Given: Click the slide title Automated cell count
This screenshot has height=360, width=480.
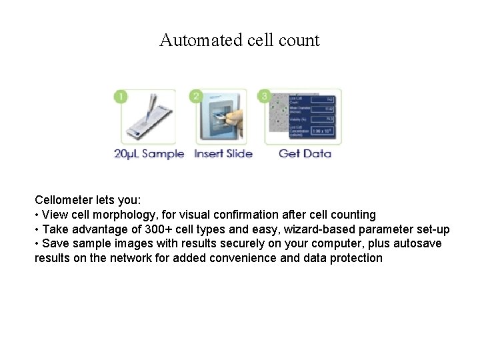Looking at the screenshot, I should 239,40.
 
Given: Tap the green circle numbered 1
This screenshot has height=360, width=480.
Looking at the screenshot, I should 121,97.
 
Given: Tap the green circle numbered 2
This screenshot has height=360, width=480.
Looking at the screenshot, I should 196,97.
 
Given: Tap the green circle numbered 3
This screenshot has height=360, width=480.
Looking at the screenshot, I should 265,97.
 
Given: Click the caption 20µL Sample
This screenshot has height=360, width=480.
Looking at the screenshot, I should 149,154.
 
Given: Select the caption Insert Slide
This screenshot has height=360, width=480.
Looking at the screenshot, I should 223,154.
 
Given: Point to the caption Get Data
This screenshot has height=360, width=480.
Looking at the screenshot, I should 305,154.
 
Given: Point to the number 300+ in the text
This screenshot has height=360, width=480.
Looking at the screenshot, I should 159,229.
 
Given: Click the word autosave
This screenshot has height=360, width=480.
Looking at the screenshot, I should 416,243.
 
